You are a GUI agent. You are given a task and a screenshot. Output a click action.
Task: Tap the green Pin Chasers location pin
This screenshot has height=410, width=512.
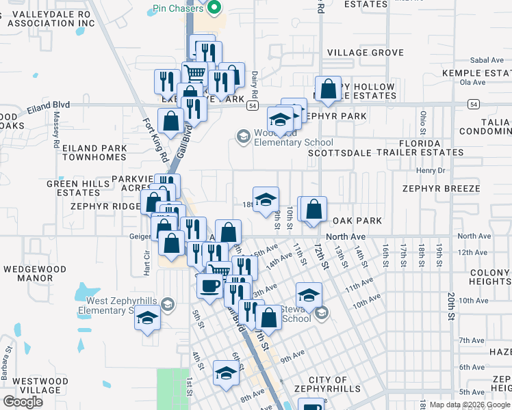coord(213,8)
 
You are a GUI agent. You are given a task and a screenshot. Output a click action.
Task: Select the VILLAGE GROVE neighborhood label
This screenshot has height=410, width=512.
coord(366,53)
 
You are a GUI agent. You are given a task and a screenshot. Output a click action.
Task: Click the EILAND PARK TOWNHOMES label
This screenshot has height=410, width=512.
coord(94,152)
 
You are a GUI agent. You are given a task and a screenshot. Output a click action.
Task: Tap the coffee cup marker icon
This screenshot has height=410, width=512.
coord(209,285)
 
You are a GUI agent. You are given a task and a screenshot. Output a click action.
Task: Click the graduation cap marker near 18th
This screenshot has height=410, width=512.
coord(266,200)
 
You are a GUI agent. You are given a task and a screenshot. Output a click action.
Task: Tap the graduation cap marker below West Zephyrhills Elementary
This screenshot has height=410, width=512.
coord(147,318)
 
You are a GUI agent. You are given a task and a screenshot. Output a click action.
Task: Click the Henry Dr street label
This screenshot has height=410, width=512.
coord(431,170)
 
